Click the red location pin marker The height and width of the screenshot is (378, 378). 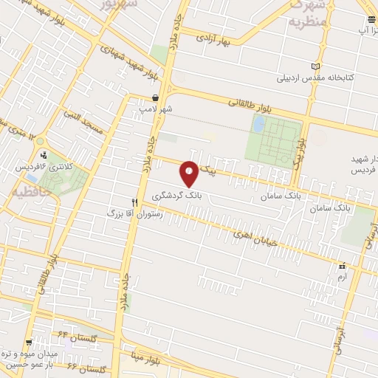click(x=190, y=173)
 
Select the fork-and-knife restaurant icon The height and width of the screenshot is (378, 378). click(x=134, y=201)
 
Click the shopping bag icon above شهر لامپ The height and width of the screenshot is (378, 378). click(x=155, y=97)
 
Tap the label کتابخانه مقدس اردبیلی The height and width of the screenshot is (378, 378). click(x=310, y=77)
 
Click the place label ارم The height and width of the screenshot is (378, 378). click(x=340, y=275)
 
